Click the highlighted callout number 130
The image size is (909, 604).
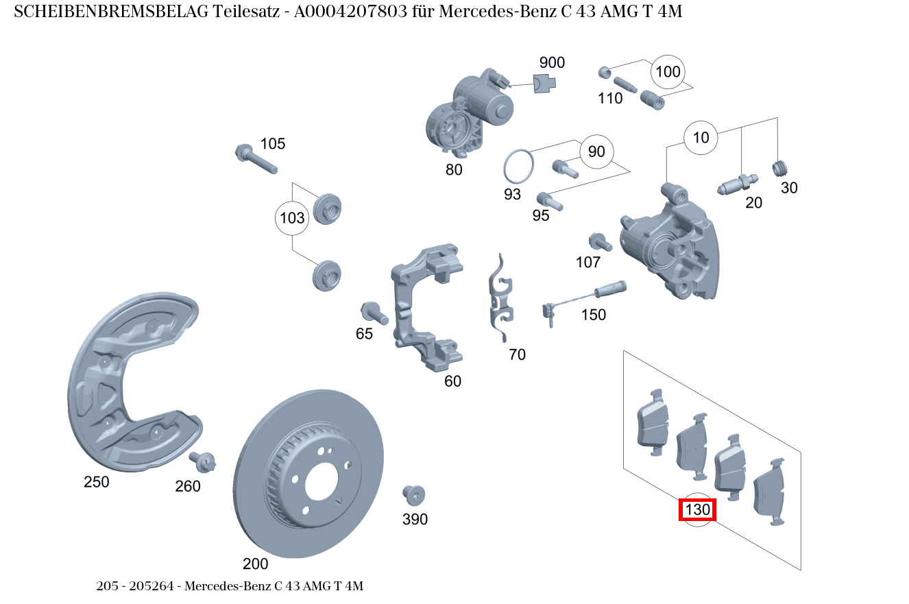coord(697,510)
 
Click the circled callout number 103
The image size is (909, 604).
coord(293,219)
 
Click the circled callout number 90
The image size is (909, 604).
coord(596,152)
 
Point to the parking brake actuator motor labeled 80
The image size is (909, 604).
coord(470,113)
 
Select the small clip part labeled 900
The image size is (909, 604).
coord(544,82)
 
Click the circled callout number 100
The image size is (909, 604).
coord(668,72)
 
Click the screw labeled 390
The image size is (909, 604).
coord(413,494)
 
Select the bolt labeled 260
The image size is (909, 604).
coord(204,461)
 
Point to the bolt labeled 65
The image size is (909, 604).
coord(374,313)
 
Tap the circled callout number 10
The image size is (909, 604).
coord(701,138)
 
